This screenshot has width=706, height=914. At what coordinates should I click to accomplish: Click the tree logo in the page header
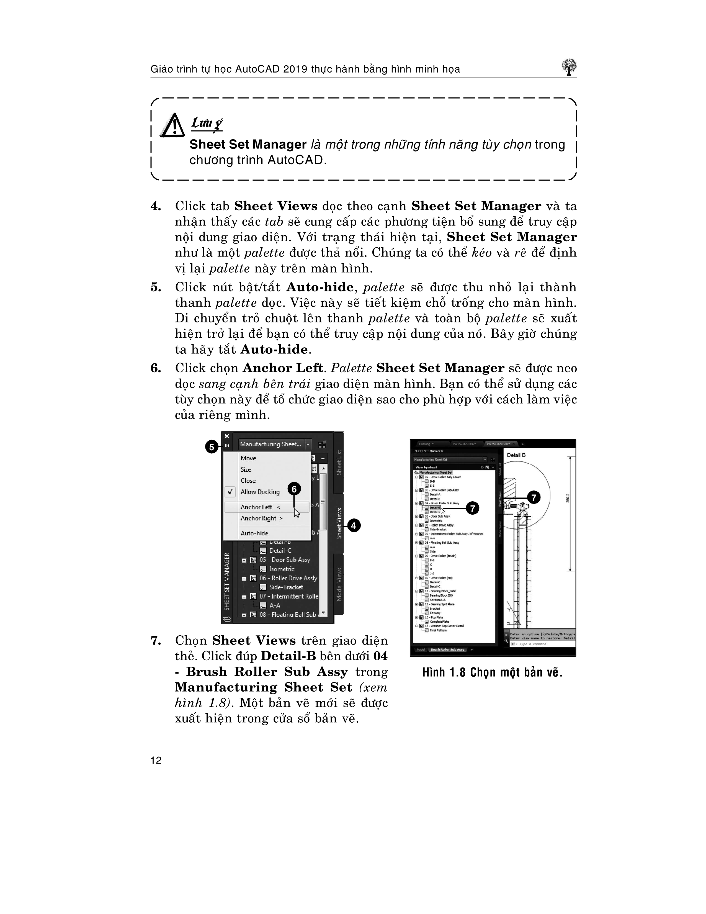(569, 67)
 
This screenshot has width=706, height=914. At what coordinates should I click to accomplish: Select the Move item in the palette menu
(248, 458)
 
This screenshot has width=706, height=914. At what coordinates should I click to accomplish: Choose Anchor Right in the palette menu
(261, 518)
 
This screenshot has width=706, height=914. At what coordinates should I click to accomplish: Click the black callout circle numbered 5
(212, 447)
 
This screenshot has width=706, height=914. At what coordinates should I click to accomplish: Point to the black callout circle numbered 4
(354, 526)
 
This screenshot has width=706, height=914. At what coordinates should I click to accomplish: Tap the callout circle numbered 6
(294, 489)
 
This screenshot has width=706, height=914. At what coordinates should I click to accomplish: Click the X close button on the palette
(227, 436)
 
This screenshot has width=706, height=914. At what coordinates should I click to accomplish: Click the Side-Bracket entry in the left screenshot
(286, 587)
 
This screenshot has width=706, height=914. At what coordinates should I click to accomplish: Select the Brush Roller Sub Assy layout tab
(447, 649)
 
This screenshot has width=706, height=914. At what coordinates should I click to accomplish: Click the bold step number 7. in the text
(156, 641)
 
